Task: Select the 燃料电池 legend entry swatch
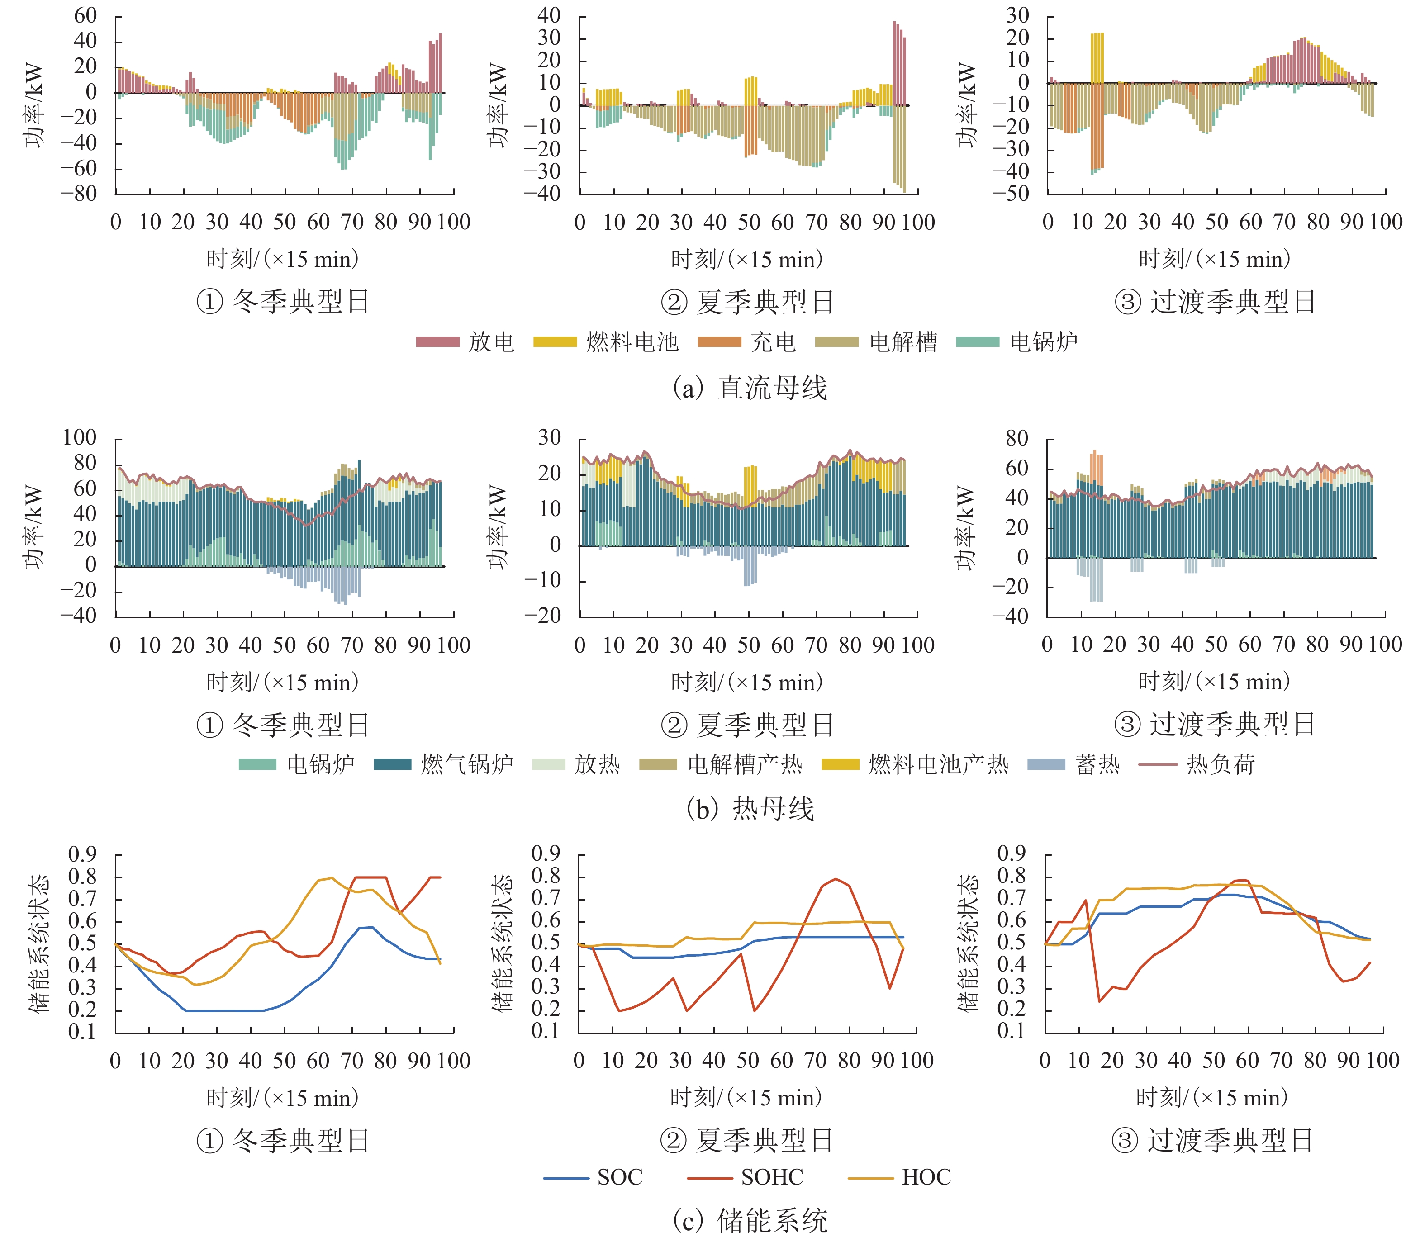coord(555,341)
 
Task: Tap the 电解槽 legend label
coord(902,341)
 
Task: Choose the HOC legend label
coord(926,1177)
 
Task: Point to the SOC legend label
coord(620,1177)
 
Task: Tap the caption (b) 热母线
coord(750,809)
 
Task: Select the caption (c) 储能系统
coord(750,1221)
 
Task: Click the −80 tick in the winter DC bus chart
coord(78,194)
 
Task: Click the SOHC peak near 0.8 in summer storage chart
coord(836,880)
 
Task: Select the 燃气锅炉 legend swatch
coord(392,764)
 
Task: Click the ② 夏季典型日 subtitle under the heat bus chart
coord(747,725)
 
